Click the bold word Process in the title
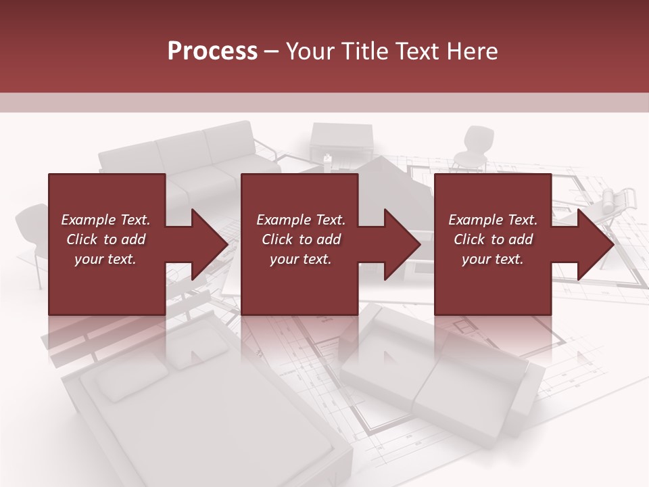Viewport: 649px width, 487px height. coord(212,51)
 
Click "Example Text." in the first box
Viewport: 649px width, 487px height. coord(105,220)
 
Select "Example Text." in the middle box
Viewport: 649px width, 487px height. coord(301,220)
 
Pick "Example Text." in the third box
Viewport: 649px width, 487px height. coord(493,220)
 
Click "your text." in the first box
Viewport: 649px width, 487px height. coord(105,259)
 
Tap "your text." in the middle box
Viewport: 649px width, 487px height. coord(301,259)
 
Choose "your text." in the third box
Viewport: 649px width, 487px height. coord(493,259)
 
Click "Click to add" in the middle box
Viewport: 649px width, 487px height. coord(301,239)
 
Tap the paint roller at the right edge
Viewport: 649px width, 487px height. coord(615,200)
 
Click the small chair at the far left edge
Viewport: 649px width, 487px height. coord(30,230)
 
